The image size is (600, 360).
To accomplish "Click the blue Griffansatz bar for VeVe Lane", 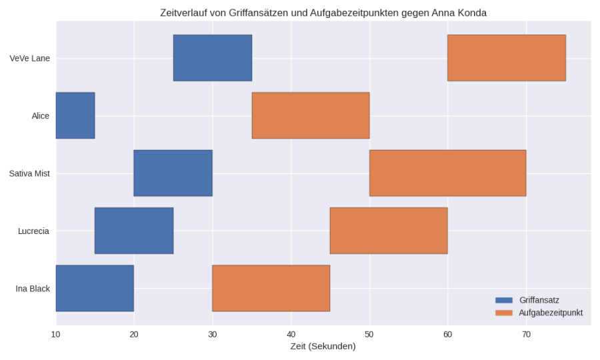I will [x=212, y=58].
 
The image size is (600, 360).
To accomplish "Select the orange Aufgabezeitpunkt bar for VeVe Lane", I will [x=506, y=58].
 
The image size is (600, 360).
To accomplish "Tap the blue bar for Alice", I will [x=75, y=115].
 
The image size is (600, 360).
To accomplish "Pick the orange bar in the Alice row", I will [x=310, y=115].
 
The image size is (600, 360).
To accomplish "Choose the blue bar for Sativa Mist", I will [x=173, y=173].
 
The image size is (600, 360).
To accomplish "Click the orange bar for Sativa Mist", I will [x=447, y=173].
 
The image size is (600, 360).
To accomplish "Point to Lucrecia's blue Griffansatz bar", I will [x=134, y=231].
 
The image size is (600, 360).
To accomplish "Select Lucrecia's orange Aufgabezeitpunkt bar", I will [x=388, y=231].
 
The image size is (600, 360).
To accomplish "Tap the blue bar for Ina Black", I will [x=95, y=288].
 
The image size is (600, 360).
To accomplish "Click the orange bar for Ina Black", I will [x=271, y=288].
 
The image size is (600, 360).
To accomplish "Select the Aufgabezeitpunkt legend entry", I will [x=550, y=312].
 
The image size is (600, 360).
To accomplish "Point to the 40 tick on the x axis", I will [x=291, y=334].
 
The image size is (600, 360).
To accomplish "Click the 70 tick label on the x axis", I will [x=526, y=334].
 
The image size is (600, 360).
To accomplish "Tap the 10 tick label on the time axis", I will [x=56, y=334].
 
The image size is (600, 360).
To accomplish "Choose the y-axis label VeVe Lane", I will [x=30, y=58].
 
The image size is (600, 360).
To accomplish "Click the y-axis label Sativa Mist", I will [x=29, y=173].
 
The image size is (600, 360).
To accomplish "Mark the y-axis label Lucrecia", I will [x=33, y=231].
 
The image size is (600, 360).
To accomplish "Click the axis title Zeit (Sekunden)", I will [x=323, y=347].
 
